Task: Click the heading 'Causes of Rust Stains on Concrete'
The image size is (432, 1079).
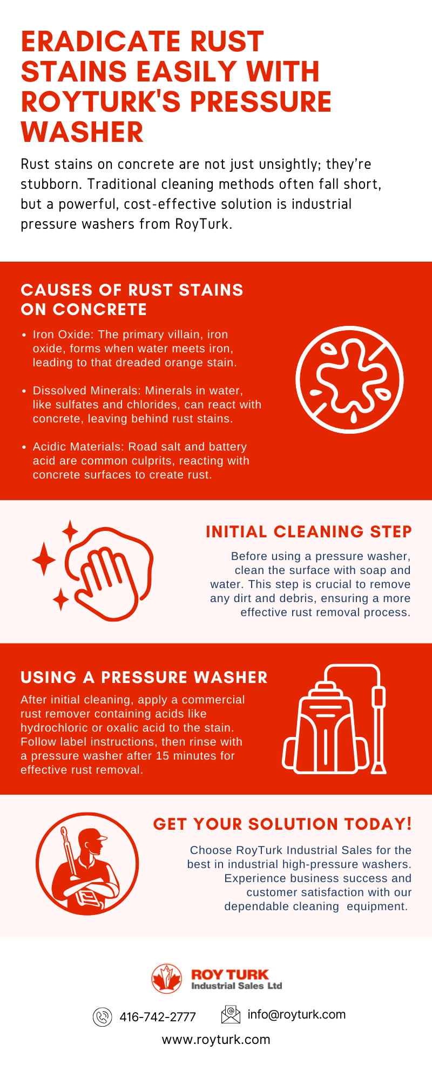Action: [x=132, y=299]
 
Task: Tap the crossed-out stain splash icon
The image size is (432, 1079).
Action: [x=349, y=379]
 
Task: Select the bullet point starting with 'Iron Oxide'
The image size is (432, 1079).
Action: [x=135, y=349]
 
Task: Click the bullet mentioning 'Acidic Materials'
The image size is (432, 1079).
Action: [x=141, y=461]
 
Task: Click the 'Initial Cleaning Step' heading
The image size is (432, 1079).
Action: [x=308, y=532]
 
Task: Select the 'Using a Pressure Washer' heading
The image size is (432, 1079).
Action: [x=144, y=678]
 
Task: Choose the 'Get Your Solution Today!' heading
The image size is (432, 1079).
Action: [x=282, y=824]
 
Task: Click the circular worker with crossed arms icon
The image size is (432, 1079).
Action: [x=87, y=864]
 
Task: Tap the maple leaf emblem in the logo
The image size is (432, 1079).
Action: [x=167, y=979]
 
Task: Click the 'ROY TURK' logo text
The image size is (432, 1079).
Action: [x=230, y=974]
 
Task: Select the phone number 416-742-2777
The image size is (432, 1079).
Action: [x=158, y=1017]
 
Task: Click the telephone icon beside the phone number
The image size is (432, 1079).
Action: [x=103, y=1017]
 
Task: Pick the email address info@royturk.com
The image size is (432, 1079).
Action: [x=296, y=1015]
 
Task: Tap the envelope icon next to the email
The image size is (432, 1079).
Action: [x=231, y=1015]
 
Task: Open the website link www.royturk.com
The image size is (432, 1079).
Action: [x=216, y=1040]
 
